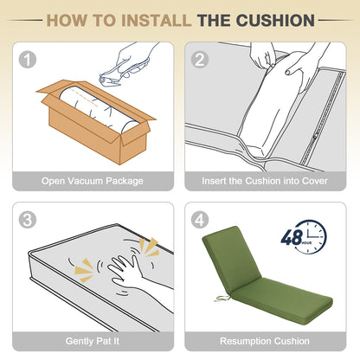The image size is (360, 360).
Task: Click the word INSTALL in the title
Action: (x=156, y=21)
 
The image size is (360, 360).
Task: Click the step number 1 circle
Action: (x=28, y=60)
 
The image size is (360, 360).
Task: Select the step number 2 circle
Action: (x=200, y=60)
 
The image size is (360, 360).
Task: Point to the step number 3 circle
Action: (x=28, y=220)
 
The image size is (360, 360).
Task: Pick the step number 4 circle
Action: (x=200, y=220)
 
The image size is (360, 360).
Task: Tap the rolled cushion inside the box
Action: (x=98, y=110)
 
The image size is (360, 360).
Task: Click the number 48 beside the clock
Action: (x=292, y=237)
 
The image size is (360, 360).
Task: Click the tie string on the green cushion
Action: (x=222, y=298)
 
